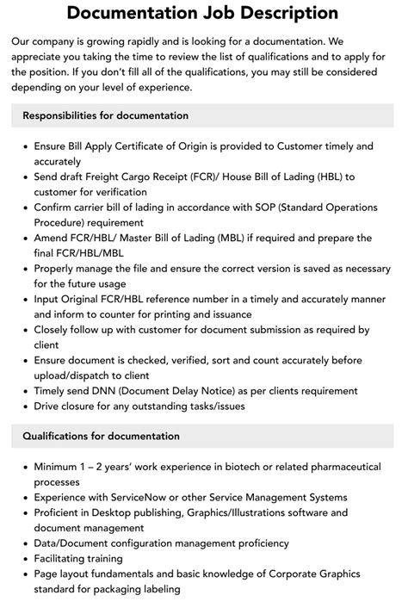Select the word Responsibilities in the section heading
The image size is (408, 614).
65,115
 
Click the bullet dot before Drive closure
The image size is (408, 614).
23,406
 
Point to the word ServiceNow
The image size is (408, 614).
125,497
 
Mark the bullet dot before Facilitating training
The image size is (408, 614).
23,559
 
